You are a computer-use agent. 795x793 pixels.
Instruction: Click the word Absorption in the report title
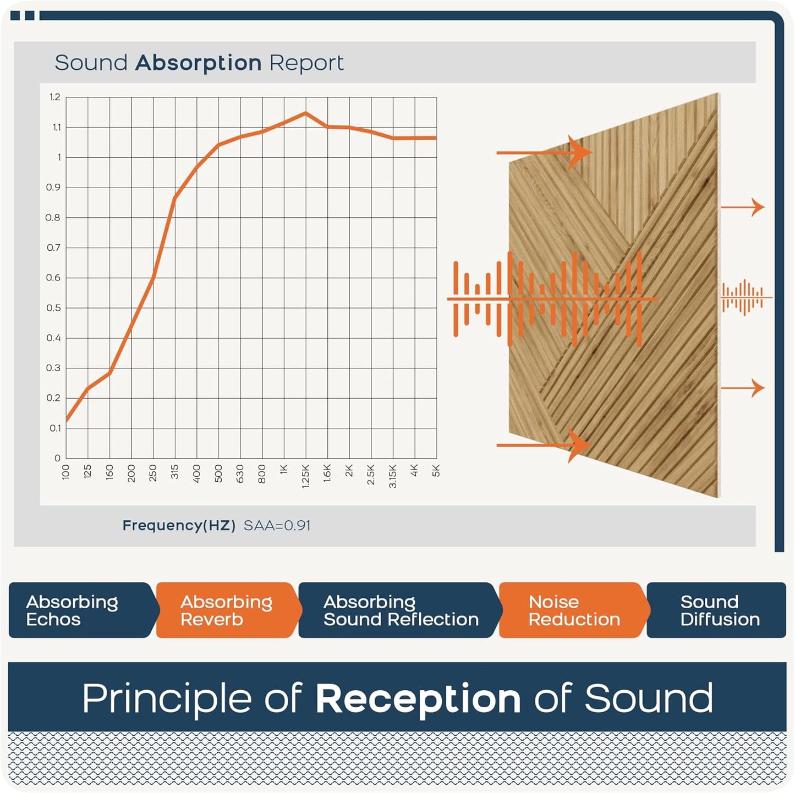pos(199,63)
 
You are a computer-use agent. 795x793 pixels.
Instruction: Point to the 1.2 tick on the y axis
pos(55,97)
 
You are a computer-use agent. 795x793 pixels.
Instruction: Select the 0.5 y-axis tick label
pos(53,308)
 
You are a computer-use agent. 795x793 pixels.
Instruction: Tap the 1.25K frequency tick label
pos(306,476)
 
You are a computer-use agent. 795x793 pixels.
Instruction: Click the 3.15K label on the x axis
pos(393,476)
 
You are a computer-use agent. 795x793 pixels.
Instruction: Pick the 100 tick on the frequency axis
pos(66,472)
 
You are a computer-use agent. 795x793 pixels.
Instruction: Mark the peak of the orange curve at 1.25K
pos(306,113)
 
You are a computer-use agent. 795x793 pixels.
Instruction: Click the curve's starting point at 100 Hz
pos(67,421)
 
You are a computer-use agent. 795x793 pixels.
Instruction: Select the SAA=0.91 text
pos(277,526)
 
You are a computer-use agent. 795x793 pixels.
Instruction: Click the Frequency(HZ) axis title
pos(179,526)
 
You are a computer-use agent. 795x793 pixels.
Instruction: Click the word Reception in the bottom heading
pos(418,699)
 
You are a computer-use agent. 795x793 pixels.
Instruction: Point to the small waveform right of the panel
pos(744,298)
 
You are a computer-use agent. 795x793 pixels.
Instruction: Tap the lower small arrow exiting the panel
pos(743,388)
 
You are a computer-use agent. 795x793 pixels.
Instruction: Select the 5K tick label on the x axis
pos(436,471)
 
